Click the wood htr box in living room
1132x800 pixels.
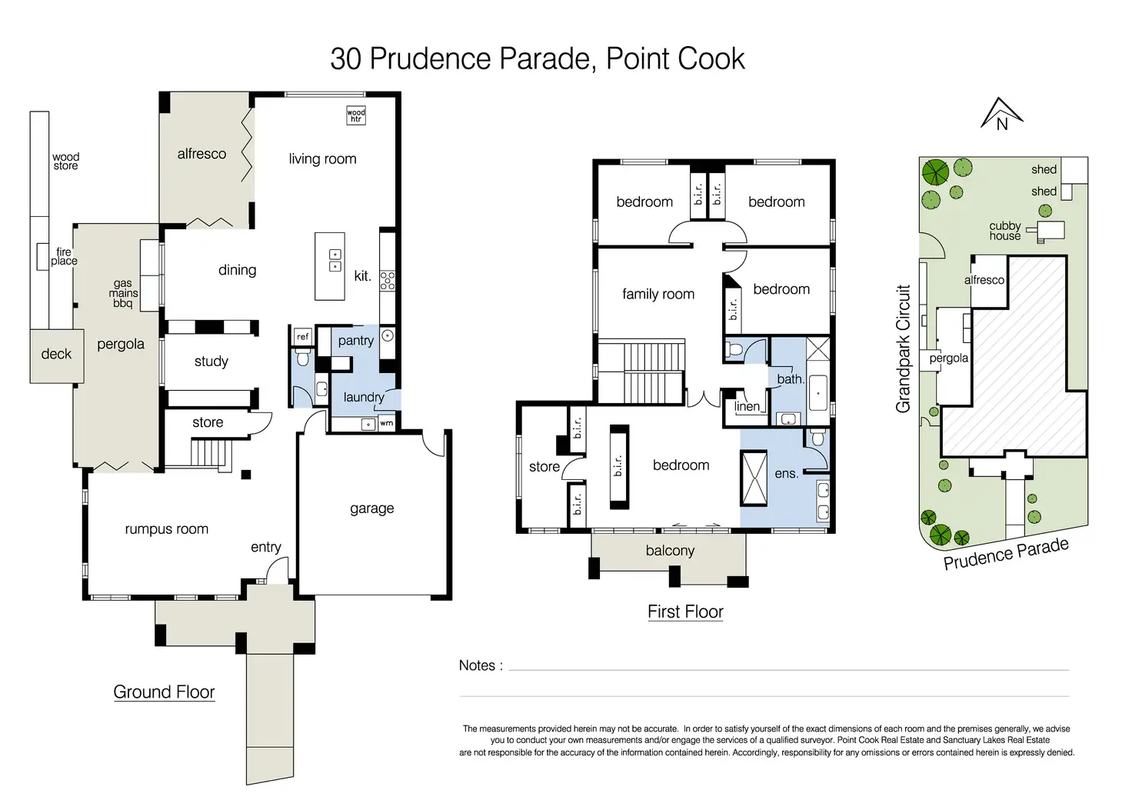point(356,115)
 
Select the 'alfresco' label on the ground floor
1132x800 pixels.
point(201,154)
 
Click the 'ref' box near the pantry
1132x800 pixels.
point(302,336)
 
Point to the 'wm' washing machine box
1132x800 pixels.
point(386,423)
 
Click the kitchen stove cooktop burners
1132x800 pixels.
point(387,281)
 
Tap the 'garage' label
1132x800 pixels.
point(372,508)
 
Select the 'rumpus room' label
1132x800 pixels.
point(167,529)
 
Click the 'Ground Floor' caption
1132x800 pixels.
point(164,692)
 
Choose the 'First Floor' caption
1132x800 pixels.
point(685,612)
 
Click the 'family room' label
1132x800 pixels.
point(658,294)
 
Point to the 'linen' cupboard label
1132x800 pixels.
point(747,406)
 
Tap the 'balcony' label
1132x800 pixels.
point(670,550)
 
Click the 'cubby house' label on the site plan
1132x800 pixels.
point(1005,231)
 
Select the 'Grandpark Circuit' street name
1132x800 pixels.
point(903,348)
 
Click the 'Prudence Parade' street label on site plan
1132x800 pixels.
point(1006,553)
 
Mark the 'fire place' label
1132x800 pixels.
point(64,256)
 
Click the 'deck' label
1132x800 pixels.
point(56,354)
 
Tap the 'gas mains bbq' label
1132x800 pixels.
point(123,293)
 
